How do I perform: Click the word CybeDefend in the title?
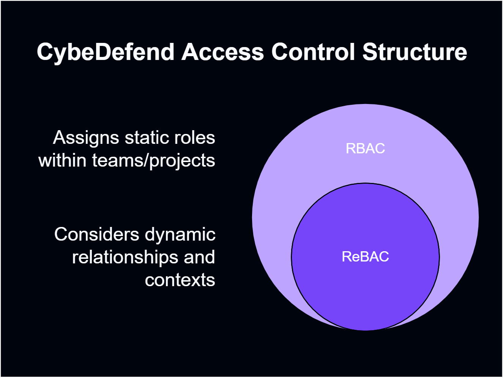coord(105,52)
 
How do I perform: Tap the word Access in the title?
coord(222,52)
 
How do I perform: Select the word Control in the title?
coord(314,52)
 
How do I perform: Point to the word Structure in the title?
coord(415,52)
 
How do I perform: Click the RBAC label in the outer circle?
coord(365,148)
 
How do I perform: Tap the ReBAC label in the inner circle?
coord(365,257)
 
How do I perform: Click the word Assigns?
coord(86,138)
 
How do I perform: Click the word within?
coord(62,160)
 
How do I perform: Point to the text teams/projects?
coord(153,161)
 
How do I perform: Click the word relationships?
coord(126,257)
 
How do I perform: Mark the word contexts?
coord(180,280)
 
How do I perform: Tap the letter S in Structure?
coord(369,52)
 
